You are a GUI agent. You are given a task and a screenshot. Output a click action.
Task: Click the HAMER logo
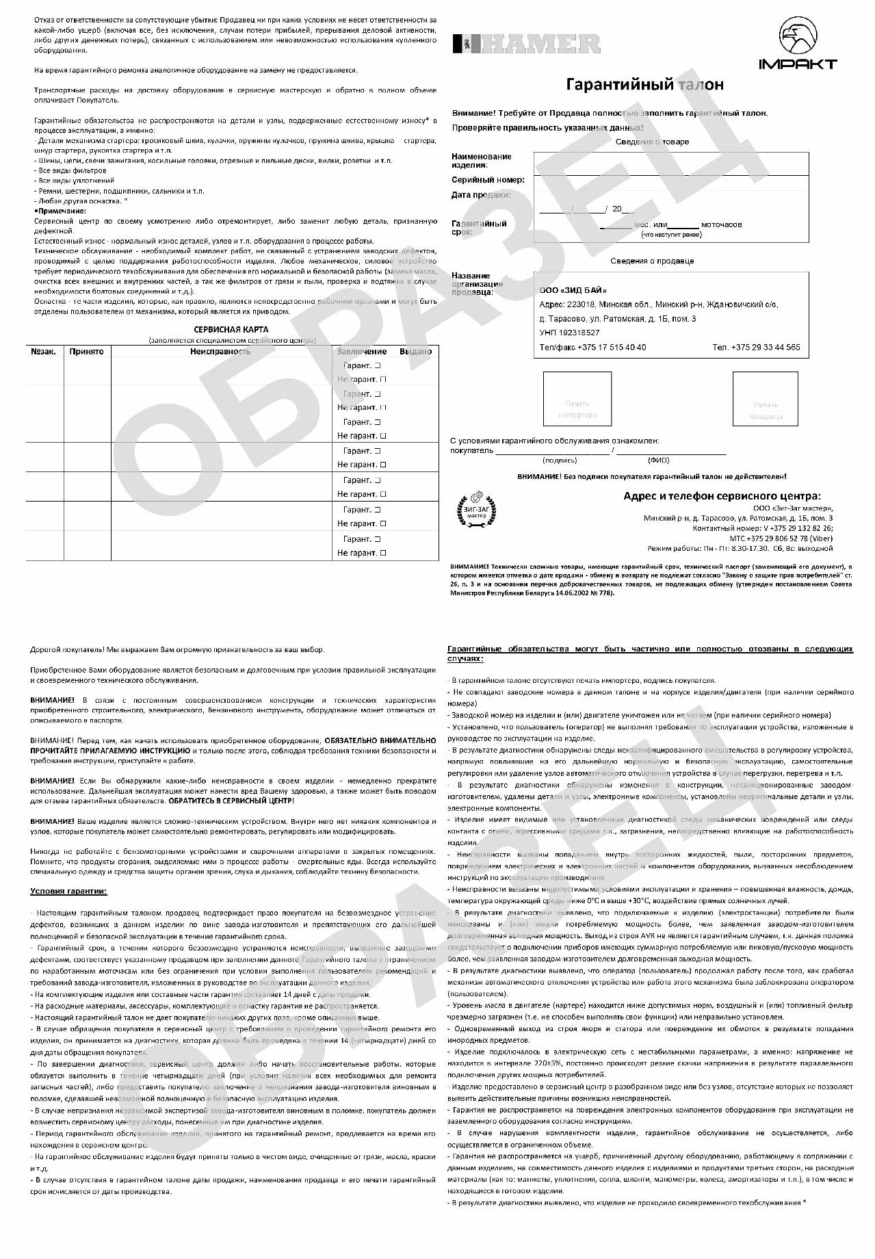point(526,44)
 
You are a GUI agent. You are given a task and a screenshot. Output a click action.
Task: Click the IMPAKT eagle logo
point(798,44)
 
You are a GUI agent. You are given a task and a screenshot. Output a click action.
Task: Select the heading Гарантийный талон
point(644,85)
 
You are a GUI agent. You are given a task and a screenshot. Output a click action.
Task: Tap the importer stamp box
point(577,398)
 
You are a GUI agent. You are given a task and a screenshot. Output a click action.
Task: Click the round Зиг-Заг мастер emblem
point(477,510)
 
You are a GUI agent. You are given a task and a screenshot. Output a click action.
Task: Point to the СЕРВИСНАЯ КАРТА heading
point(232,330)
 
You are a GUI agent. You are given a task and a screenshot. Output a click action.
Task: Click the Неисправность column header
point(220,352)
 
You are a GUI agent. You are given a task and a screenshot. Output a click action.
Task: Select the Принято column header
point(86,352)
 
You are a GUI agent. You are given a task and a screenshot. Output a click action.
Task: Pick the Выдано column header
point(415,352)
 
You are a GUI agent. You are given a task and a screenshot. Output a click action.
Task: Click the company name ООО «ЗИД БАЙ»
point(573,290)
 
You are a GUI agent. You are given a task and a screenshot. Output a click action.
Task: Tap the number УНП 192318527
point(569,333)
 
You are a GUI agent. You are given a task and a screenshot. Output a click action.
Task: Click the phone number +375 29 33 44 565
point(756,348)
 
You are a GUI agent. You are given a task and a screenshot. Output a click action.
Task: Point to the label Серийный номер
point(488,180)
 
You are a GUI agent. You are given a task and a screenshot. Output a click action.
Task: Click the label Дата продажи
point(481,195)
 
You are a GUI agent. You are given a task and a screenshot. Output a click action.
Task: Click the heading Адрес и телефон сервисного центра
point(722,496)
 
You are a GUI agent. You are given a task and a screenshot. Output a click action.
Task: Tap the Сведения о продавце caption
point(652,261)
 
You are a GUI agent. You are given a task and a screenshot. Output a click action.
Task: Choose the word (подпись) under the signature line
point(560,460)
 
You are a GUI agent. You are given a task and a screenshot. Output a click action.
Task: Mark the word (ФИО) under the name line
point(659,460)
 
